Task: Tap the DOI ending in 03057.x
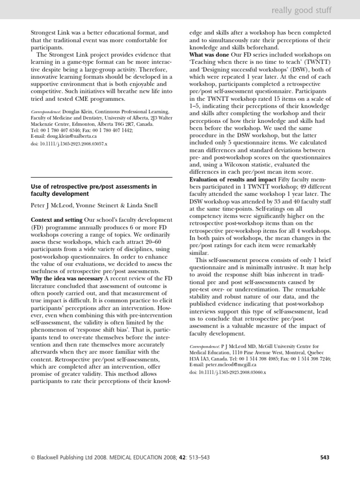point(69,143)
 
